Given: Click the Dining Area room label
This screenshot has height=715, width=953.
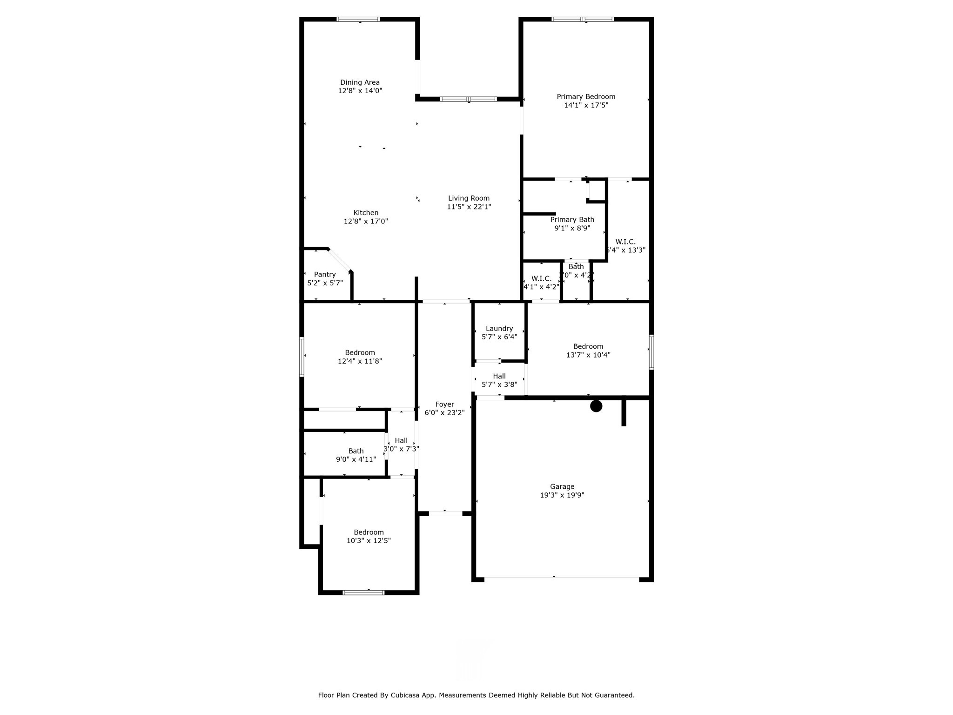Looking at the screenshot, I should (360, 82).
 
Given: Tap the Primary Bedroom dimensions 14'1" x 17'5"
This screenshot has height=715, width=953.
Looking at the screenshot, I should (586, 105).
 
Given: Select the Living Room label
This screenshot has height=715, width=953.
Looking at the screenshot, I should (469, 198).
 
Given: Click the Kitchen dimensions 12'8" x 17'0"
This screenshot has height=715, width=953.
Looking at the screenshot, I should (366, 222).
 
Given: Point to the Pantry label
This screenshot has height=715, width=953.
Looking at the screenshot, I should (325, 275).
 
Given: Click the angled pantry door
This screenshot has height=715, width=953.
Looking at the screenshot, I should (339, 259).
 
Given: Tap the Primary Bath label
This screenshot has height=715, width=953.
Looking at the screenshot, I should (572, 220).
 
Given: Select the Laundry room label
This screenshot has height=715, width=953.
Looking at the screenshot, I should (499, 329).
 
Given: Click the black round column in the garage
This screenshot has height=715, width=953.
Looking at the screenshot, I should (596, 406).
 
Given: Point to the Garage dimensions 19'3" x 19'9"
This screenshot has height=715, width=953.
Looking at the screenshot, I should (562, 495).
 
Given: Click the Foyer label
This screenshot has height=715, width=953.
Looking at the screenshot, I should (444, 405).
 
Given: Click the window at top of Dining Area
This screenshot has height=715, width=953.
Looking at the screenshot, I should (358, 19).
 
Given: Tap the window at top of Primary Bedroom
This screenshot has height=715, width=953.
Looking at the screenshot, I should (583, 19).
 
